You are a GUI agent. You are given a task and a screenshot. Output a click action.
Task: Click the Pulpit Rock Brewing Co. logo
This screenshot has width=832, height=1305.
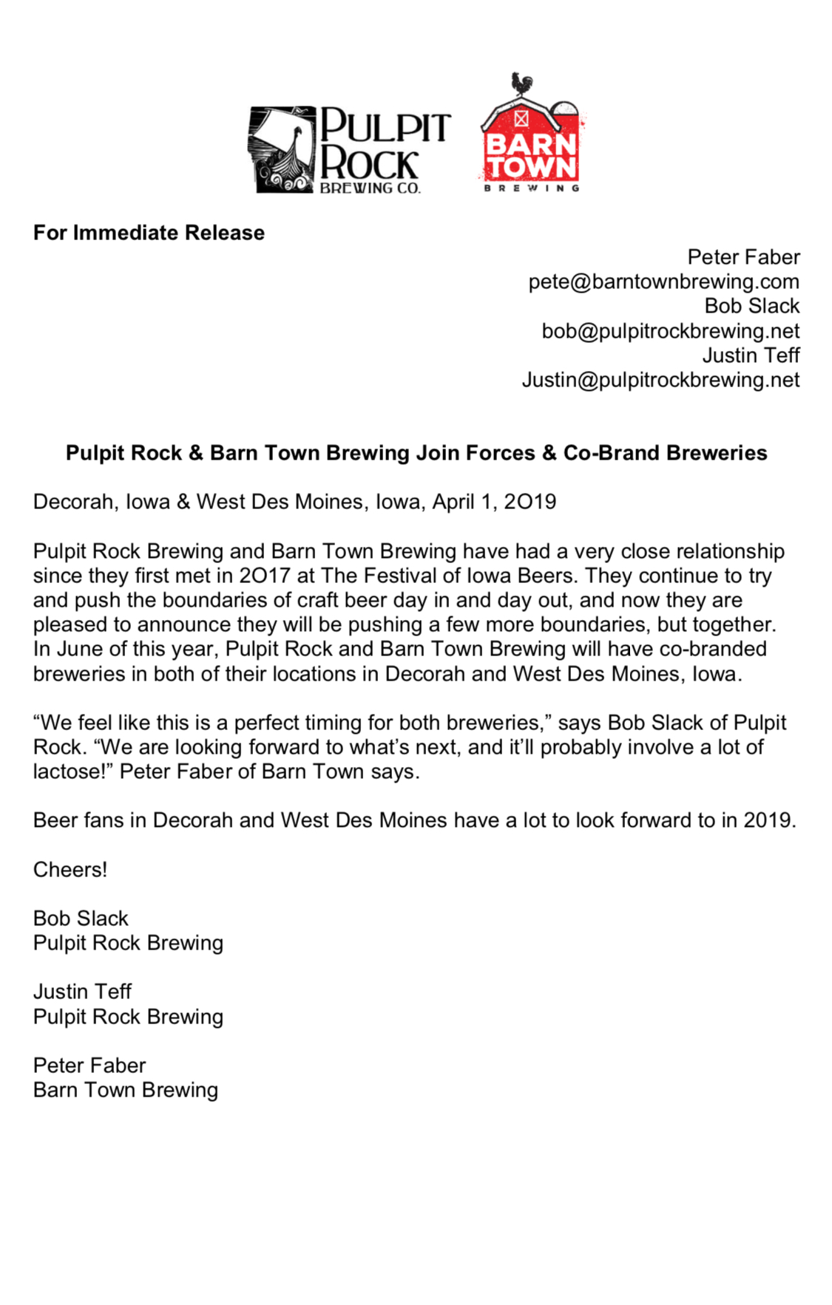click(349, 150)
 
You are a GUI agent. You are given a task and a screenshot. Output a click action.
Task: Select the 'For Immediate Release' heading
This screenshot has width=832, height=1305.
click(149, 233)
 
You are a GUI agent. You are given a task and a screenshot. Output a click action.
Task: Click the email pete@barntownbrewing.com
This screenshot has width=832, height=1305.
click(663, 282)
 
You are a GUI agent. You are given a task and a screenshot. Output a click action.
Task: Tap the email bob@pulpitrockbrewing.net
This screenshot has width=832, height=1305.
click(670, 330)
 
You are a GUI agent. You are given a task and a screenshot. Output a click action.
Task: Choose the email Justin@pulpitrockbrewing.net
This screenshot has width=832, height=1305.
click(660, 380)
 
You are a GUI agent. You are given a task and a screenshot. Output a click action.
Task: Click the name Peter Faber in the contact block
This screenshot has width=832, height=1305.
click(743, 257)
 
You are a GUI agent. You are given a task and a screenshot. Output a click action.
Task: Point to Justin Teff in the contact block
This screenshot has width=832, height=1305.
click(751, 355)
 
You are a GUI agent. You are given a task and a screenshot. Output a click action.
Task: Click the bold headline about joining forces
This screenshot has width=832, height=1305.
click(416, 452)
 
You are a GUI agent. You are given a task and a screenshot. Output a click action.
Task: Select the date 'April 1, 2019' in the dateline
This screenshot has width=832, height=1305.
click(494, 502)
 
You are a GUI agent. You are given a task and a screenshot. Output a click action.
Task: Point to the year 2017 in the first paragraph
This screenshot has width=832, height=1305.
click(265, 576)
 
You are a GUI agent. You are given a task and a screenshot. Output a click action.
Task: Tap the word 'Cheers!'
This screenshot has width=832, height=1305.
click(70, 869)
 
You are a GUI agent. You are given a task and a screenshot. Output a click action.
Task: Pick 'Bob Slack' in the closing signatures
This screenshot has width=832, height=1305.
click(81, 918)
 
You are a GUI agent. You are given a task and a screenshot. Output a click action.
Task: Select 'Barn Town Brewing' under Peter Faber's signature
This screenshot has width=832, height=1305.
click(126, 1090)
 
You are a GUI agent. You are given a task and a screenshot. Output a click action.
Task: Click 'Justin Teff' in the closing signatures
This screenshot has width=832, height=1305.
click(82, 992)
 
